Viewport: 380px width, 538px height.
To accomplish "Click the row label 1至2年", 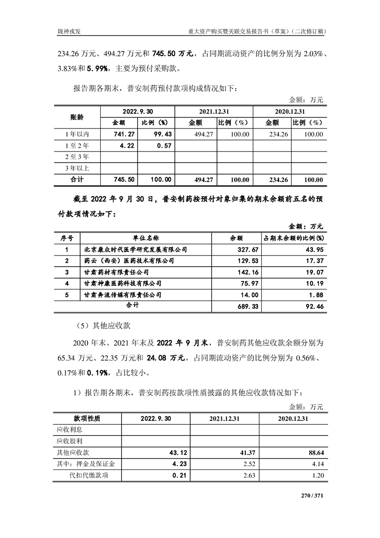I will click(76, 146).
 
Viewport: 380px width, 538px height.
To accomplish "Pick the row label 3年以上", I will click(76, 168).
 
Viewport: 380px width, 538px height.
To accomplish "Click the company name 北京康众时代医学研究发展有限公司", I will click(135, 249).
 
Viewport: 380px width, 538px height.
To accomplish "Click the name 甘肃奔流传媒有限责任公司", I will click(123, 294).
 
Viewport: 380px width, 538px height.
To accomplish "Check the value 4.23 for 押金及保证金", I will click(164, 464).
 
